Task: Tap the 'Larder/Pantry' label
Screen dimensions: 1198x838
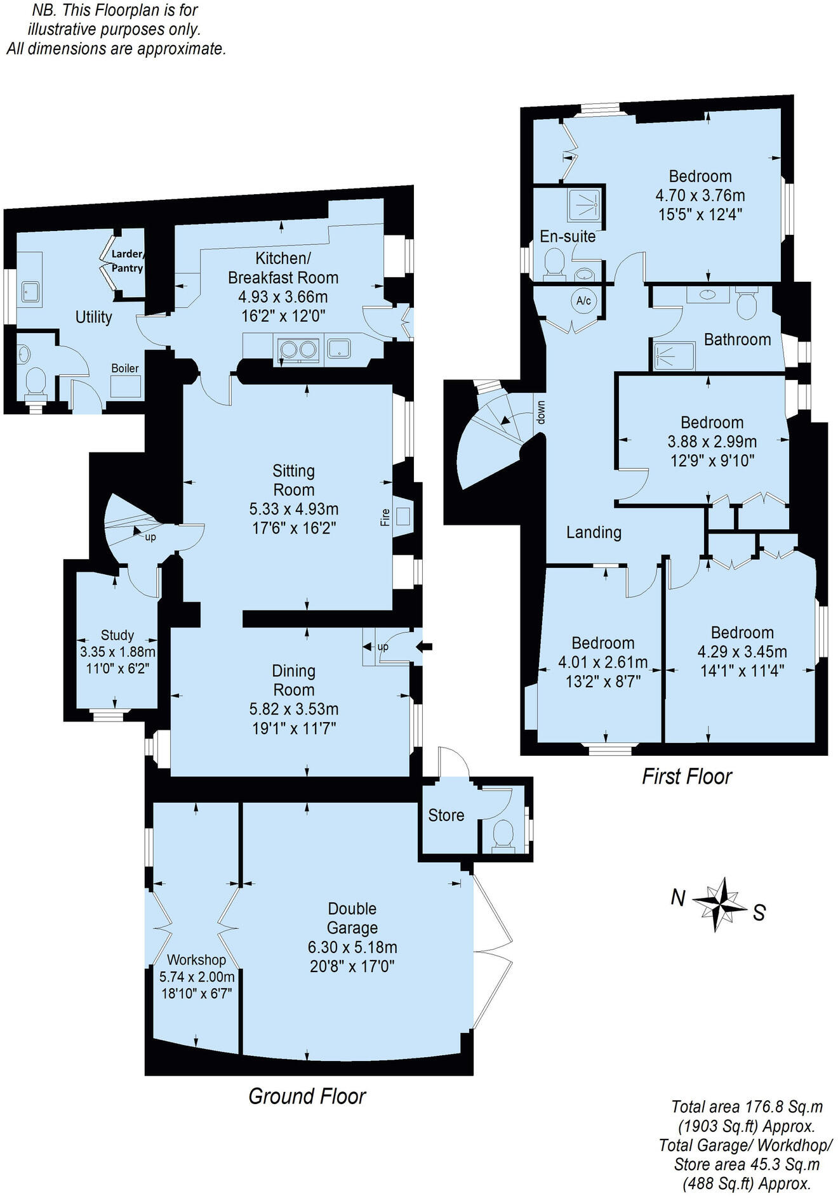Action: [127, 261]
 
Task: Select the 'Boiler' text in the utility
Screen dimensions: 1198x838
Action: [125, 368]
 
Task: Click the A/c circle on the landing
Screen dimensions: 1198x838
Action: [583, 301]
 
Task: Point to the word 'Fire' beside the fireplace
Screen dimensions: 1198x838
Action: [385, 517]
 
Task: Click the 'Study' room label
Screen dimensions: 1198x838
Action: [117, 635]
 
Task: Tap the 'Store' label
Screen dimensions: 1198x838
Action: [446, 815]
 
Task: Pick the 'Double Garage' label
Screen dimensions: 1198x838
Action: [352, 918]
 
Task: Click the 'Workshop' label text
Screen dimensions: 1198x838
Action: [196, 960]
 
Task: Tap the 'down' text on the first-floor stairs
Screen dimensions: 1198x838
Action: [540, 412]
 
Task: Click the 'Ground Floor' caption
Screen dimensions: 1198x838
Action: [307, 1096]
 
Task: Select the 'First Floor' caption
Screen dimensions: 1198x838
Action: [687, 776]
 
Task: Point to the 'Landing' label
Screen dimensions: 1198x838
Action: [594, 532]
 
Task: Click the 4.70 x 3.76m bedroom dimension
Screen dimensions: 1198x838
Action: [700, 195]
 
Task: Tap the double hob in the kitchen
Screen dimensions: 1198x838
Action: [298, 349]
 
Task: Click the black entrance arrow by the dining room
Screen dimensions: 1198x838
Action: [424, 647]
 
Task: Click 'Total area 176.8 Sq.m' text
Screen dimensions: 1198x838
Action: [747, 1107]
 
